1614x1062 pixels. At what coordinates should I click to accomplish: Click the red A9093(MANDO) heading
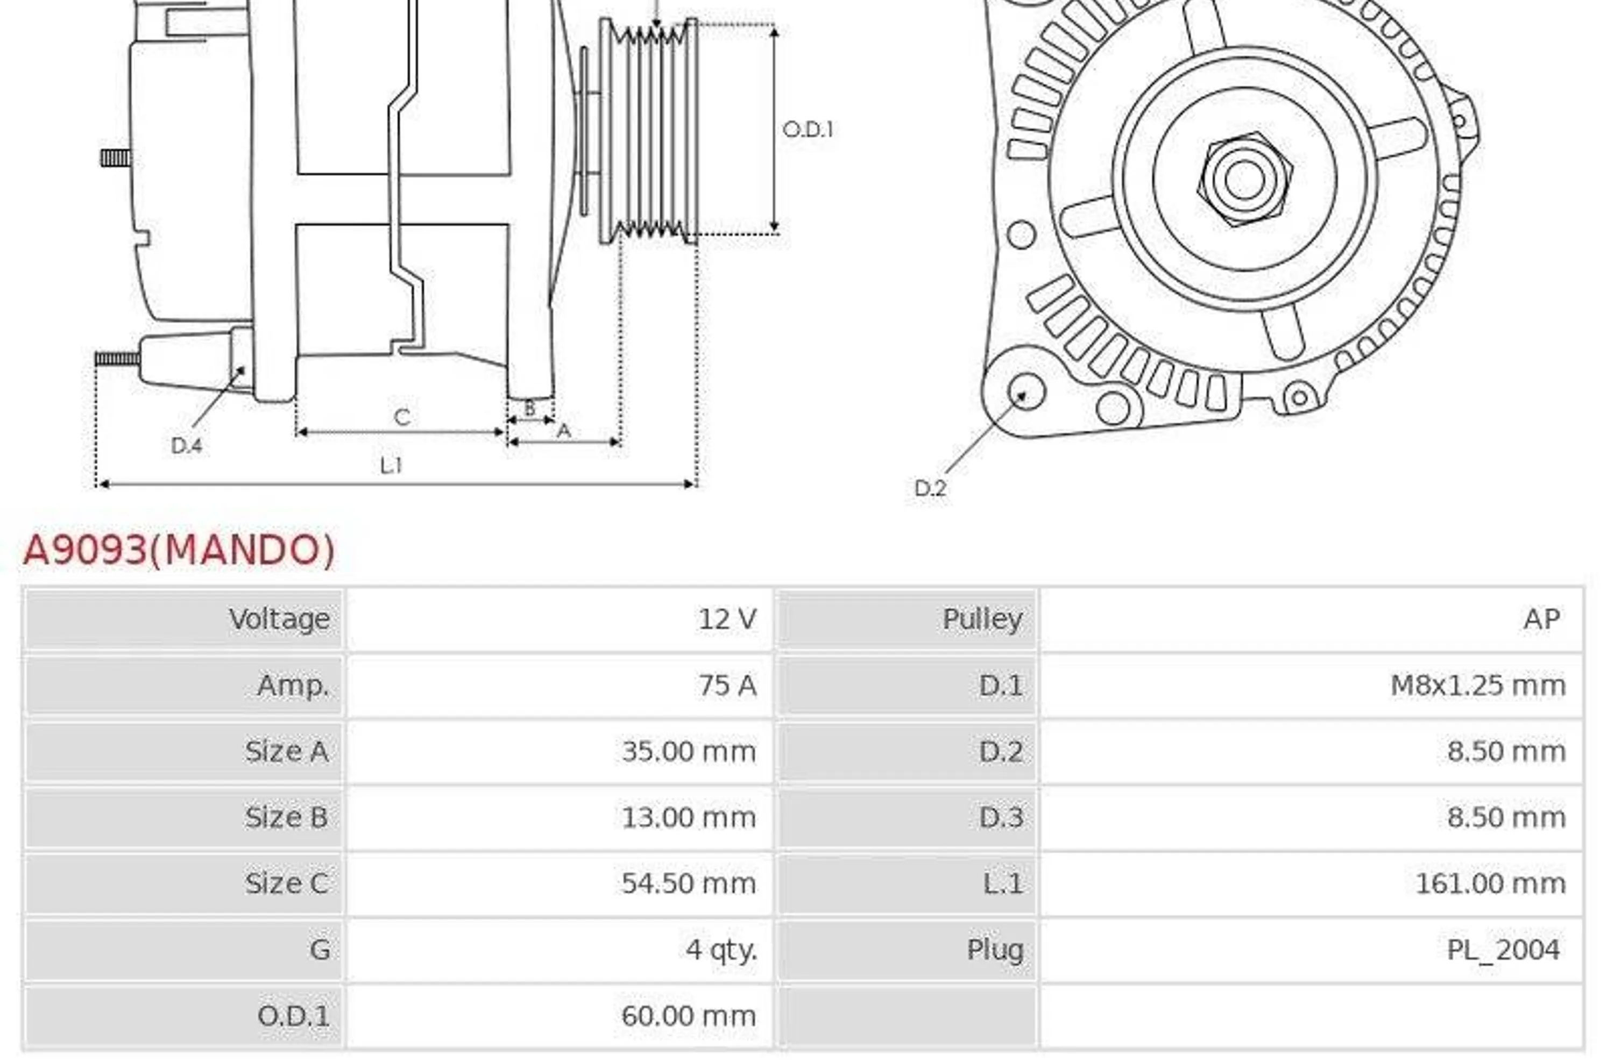click(179, 550)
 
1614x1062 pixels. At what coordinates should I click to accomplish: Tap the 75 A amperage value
click(728, 685)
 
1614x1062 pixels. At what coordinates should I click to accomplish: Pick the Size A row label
click(287, 751)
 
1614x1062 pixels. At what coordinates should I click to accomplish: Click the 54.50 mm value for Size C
click(688, 883)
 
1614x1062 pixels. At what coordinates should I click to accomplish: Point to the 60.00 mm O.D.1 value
click(688, 1016)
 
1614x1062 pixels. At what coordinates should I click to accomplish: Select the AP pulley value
click(1542, 619)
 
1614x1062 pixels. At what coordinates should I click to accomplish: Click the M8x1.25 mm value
click(1478, 685)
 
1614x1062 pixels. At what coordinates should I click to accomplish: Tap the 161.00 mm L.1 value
click(1491, 883)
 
